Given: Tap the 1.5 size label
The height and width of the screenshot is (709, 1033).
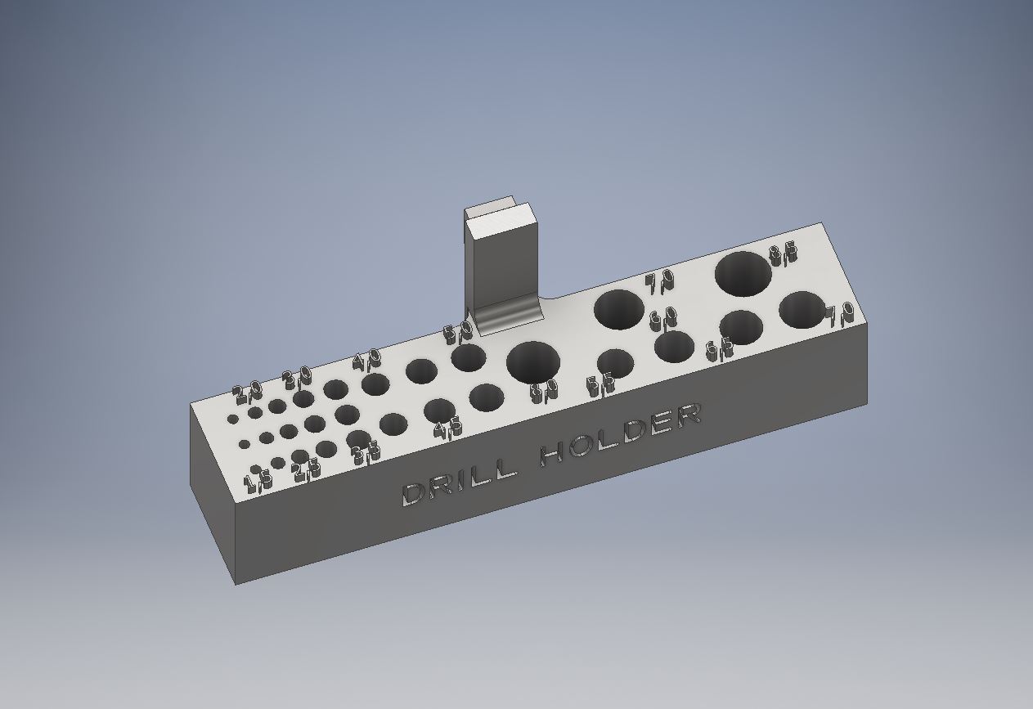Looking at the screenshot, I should click(x=259, y=479).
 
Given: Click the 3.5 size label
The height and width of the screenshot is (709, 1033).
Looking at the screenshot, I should click(x=366, y=451).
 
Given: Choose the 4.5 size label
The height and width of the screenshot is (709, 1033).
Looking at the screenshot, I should click(x=447, y=427).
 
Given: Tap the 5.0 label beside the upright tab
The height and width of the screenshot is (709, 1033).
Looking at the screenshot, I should click(x=458, y=334).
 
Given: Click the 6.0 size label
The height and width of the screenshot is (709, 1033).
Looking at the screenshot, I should click(x=663, y=318).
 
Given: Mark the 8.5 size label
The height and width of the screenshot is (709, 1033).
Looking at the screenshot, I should click(x=783, y=254).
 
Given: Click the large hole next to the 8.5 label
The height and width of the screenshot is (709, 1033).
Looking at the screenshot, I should click(x=743, y=274).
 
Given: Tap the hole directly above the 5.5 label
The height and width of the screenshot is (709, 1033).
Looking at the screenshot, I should click(x=615, y=363).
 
